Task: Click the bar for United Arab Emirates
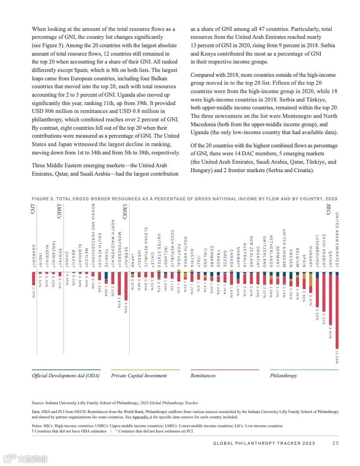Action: (337, 309)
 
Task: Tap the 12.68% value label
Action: (337, 358)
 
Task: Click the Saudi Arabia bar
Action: (324, 291)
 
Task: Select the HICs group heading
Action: (329, 209)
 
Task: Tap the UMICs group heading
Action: (125, 212)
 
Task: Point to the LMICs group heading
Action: (59, 212)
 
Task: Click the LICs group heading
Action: (34, 209)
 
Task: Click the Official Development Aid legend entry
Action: (66, 376)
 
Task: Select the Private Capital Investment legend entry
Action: (139, 376)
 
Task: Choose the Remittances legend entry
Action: (203, 376)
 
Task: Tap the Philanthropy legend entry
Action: (283, 376)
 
